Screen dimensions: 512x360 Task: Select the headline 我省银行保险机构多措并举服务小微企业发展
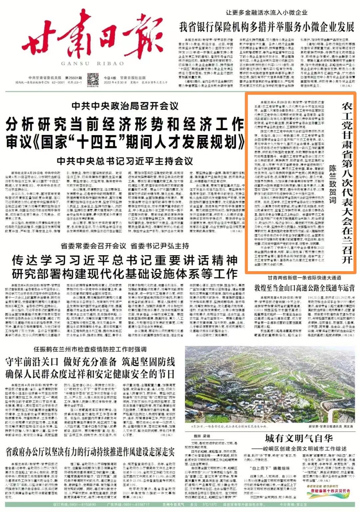click(267, 27)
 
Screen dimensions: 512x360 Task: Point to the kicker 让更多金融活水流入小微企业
click(266, 13)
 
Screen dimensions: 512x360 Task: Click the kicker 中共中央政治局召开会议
click(125, 106)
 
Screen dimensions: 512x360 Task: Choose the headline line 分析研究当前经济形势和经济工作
click(125, 125)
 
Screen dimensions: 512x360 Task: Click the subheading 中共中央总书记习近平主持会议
click(125, 161)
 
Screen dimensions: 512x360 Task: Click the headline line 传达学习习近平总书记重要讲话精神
click(125, 260)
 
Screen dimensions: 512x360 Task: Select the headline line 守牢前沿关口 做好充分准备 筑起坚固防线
click(90, 361)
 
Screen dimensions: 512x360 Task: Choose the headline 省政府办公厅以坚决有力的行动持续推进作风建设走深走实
click(90, 452)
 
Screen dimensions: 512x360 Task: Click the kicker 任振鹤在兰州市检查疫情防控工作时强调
click(90, 349)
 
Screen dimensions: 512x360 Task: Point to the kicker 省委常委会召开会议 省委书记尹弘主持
click(125, 246)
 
